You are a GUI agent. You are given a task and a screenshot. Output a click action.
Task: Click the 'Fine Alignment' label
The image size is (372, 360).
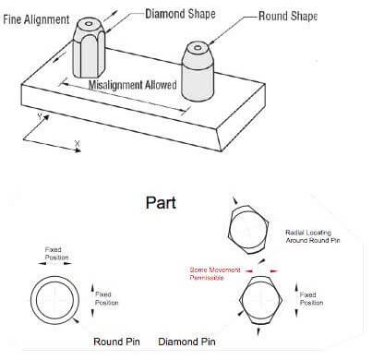point(36,19)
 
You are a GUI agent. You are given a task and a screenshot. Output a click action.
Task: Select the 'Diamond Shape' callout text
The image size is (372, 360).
point(180,14)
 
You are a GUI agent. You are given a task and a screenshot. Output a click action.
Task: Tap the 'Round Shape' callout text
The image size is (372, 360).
point(288,16)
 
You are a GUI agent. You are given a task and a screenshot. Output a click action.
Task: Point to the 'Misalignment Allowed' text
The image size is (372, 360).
point(133,85)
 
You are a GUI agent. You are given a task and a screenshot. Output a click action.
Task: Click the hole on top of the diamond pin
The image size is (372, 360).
point(89,23)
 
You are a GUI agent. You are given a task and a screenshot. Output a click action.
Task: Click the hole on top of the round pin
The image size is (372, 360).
point(198,48)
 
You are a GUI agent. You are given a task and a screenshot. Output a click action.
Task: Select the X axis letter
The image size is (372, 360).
point(77,143)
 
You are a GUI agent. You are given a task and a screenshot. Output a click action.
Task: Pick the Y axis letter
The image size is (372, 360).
point(40,116)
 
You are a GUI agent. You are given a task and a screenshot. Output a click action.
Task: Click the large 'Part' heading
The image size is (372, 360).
point(161,203)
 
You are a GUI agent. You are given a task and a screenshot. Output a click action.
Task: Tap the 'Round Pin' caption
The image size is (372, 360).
point(116,342)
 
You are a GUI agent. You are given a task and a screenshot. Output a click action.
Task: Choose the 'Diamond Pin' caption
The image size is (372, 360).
point(186,342)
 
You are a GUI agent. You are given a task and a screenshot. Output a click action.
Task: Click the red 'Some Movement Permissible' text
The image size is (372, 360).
point(215,273)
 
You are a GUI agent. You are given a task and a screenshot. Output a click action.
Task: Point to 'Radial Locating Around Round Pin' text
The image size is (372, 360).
point(313,236)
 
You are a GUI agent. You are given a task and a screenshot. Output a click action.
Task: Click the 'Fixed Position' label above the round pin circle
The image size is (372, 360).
point(56,253)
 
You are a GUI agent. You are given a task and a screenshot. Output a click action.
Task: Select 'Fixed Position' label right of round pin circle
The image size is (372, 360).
point(106,298)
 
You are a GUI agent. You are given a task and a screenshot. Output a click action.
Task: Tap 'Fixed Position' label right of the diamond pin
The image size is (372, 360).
point(311,298)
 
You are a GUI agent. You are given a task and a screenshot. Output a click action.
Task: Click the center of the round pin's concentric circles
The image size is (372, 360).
point(54,300)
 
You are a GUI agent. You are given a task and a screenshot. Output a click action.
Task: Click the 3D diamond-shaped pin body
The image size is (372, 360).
point(90,48)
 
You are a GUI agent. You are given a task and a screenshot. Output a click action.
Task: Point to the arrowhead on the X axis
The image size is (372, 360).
point(78,150)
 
